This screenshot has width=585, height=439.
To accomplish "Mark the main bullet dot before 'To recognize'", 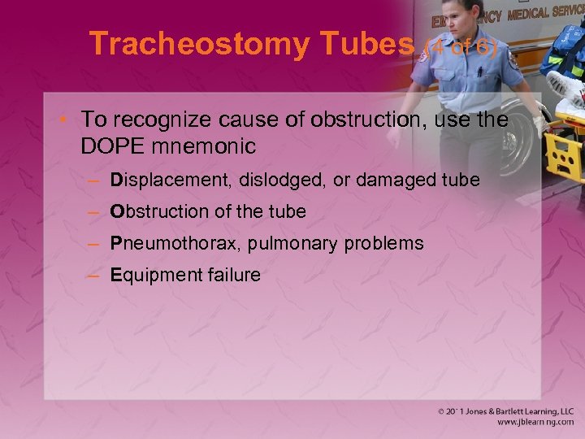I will pos(67,120).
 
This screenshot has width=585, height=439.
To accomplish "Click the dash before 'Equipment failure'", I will pos(95,276).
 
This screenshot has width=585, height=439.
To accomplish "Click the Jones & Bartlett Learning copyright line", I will pos(505,412).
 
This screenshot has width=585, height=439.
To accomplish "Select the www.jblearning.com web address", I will pos(535,424).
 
